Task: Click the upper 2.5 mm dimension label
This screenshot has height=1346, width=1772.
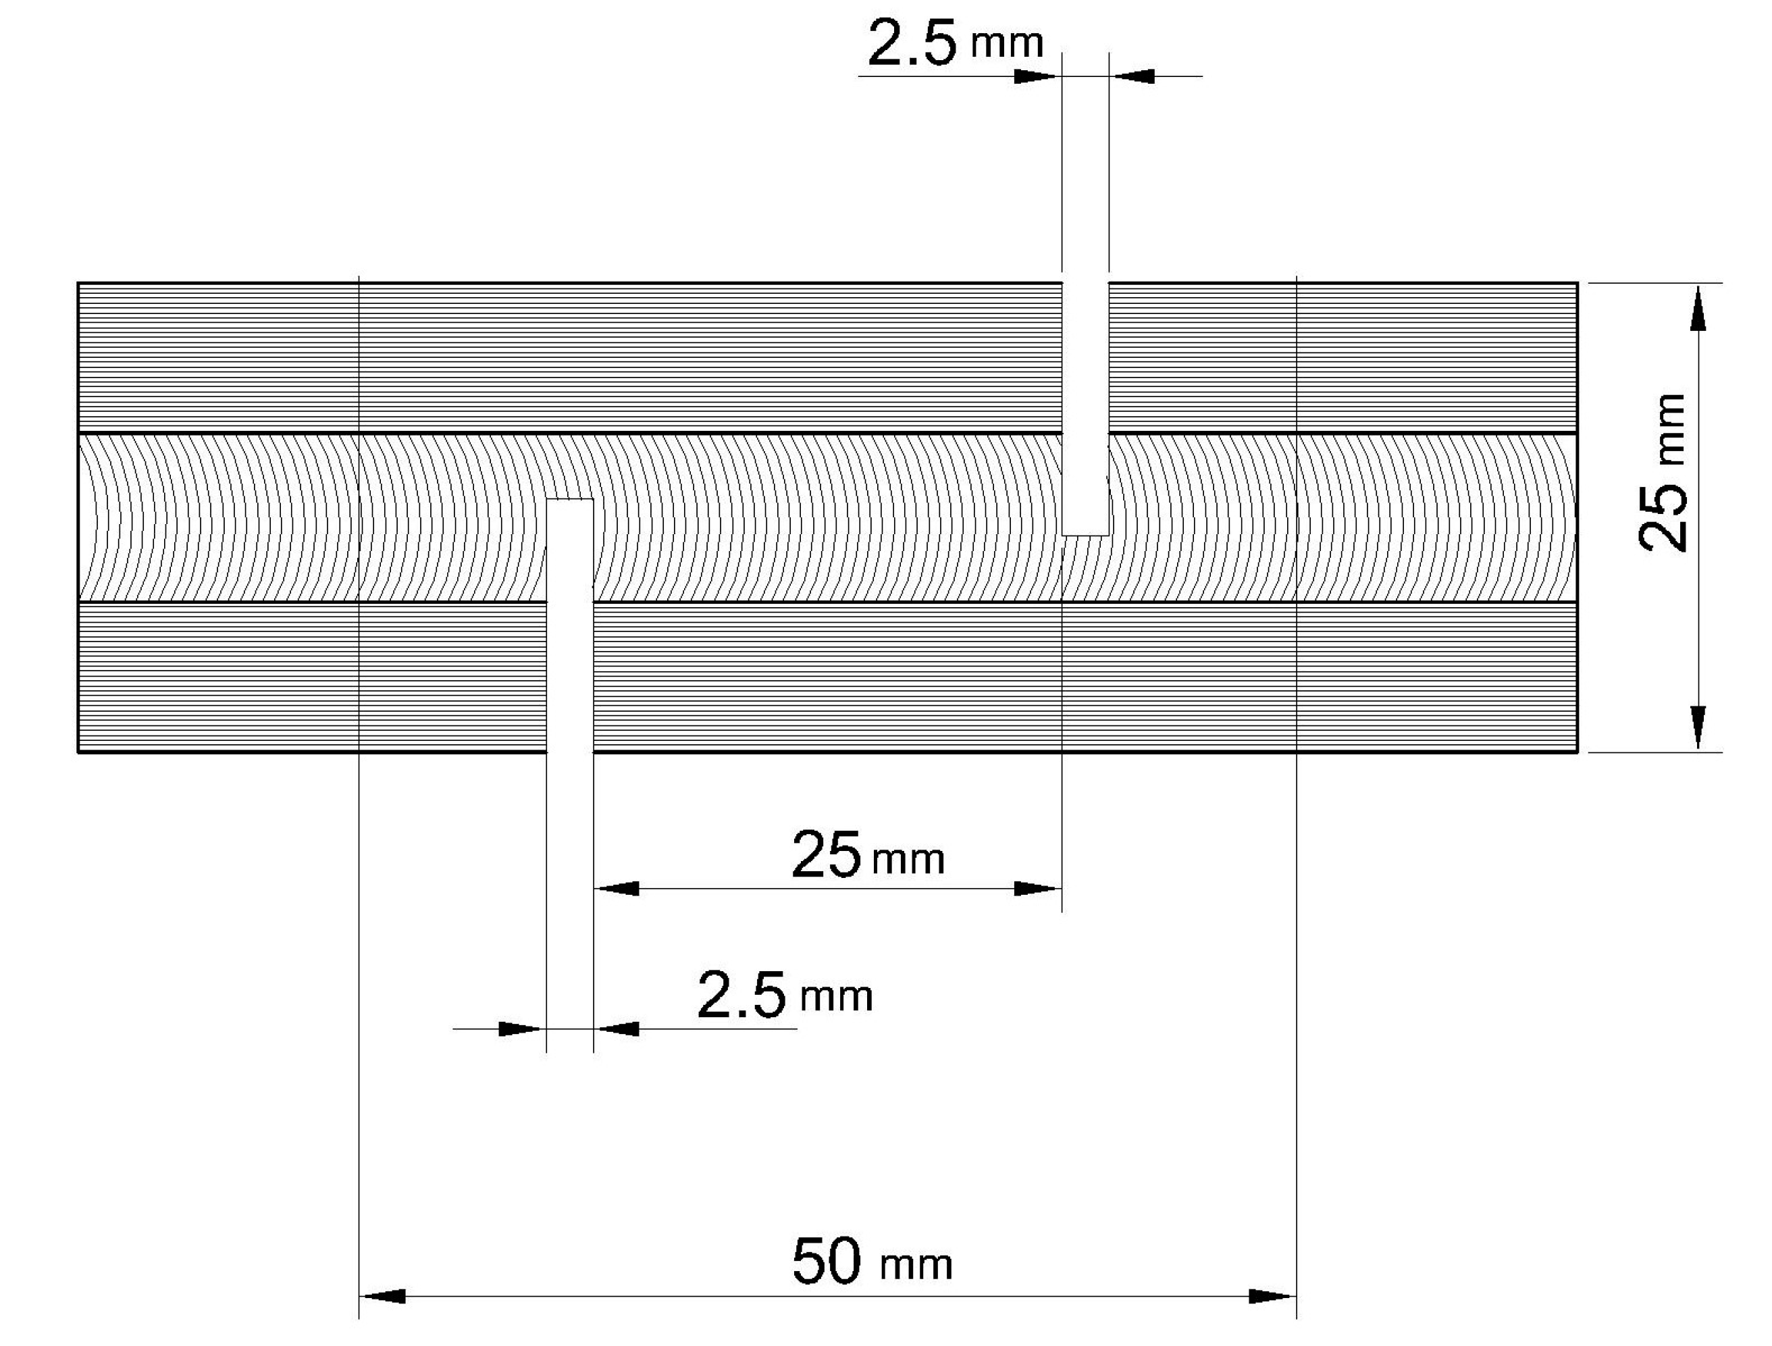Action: (x=955, y=44)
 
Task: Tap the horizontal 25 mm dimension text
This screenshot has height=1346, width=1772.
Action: (x=868, y=856)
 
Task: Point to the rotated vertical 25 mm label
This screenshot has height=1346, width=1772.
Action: (x=1663, y=473)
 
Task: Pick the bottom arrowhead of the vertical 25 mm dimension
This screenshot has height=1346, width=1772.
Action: (x=1698, y=727)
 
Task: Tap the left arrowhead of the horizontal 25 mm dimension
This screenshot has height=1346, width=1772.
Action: (x=617, y=889)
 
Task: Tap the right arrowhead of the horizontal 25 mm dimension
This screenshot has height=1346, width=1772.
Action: (x=1038, y=889)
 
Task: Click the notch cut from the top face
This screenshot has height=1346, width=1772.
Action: (x=1085, y=400)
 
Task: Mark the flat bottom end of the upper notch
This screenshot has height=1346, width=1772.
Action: (x=1085, y=534)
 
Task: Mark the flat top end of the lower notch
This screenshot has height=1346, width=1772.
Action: (x=569, y=499)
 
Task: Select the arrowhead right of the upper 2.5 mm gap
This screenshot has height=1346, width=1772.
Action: (x=1132, y=76)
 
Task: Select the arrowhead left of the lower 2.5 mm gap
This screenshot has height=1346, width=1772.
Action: (x=521, y=1029)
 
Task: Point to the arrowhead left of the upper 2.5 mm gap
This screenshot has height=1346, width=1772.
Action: (x=1038, y=76)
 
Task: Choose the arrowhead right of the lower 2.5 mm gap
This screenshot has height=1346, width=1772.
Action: (x=617, y=1029)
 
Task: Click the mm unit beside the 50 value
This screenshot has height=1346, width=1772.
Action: (x=916, y=1266)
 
